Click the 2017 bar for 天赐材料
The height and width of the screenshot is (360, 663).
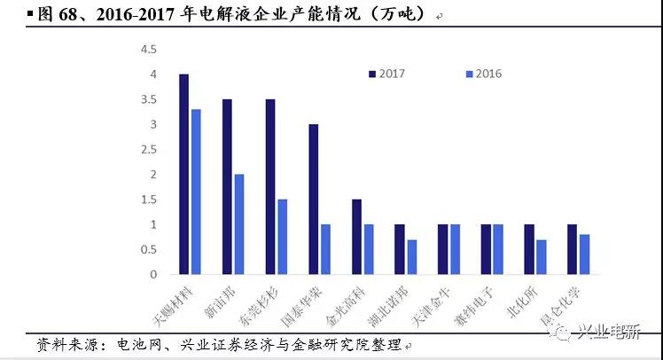(x=183, y=174)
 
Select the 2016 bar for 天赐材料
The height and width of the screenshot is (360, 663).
(x=195, y=192)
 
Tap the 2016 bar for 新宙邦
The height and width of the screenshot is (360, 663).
(x=238, y=224)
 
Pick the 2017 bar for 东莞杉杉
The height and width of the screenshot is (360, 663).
(x=270, y=186)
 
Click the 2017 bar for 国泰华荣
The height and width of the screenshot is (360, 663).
(x=313, y=199)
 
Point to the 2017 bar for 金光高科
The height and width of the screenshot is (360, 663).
(x=356, y=237)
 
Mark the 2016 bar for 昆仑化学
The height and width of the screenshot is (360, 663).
(x=583, y=254)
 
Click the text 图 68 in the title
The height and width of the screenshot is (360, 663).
(x=33, y=15)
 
